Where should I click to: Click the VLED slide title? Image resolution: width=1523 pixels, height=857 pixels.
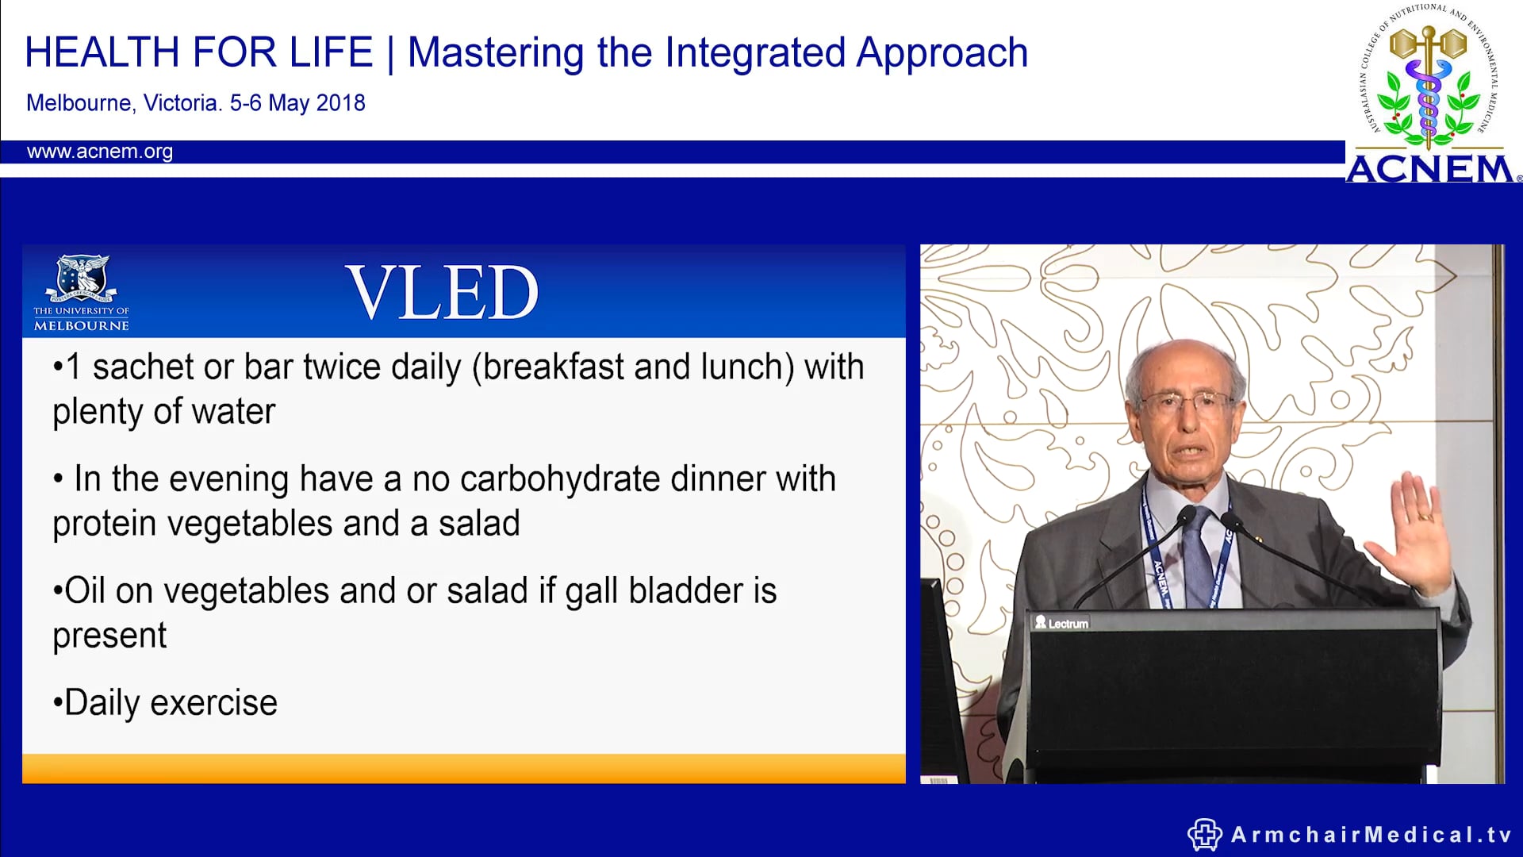pos(442,293)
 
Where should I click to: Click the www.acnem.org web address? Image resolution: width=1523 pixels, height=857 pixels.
pos(99,152)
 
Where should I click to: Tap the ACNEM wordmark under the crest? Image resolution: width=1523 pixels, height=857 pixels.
pos(1430,169)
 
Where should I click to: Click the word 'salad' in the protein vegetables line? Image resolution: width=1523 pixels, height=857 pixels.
pos(479,524)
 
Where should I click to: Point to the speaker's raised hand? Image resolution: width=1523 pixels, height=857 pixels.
pos(1421,532)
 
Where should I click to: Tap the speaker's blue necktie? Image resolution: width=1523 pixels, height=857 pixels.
pos(1197,555)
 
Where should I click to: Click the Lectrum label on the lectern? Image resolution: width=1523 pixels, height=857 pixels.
pos(1062,624)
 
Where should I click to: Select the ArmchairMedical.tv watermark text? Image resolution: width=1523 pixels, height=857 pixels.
pos(1371,835)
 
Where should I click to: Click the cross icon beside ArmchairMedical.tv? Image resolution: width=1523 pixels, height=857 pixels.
pos(1204,835)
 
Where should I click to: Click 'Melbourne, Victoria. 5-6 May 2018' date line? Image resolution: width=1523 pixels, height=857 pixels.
pos(195,103)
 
